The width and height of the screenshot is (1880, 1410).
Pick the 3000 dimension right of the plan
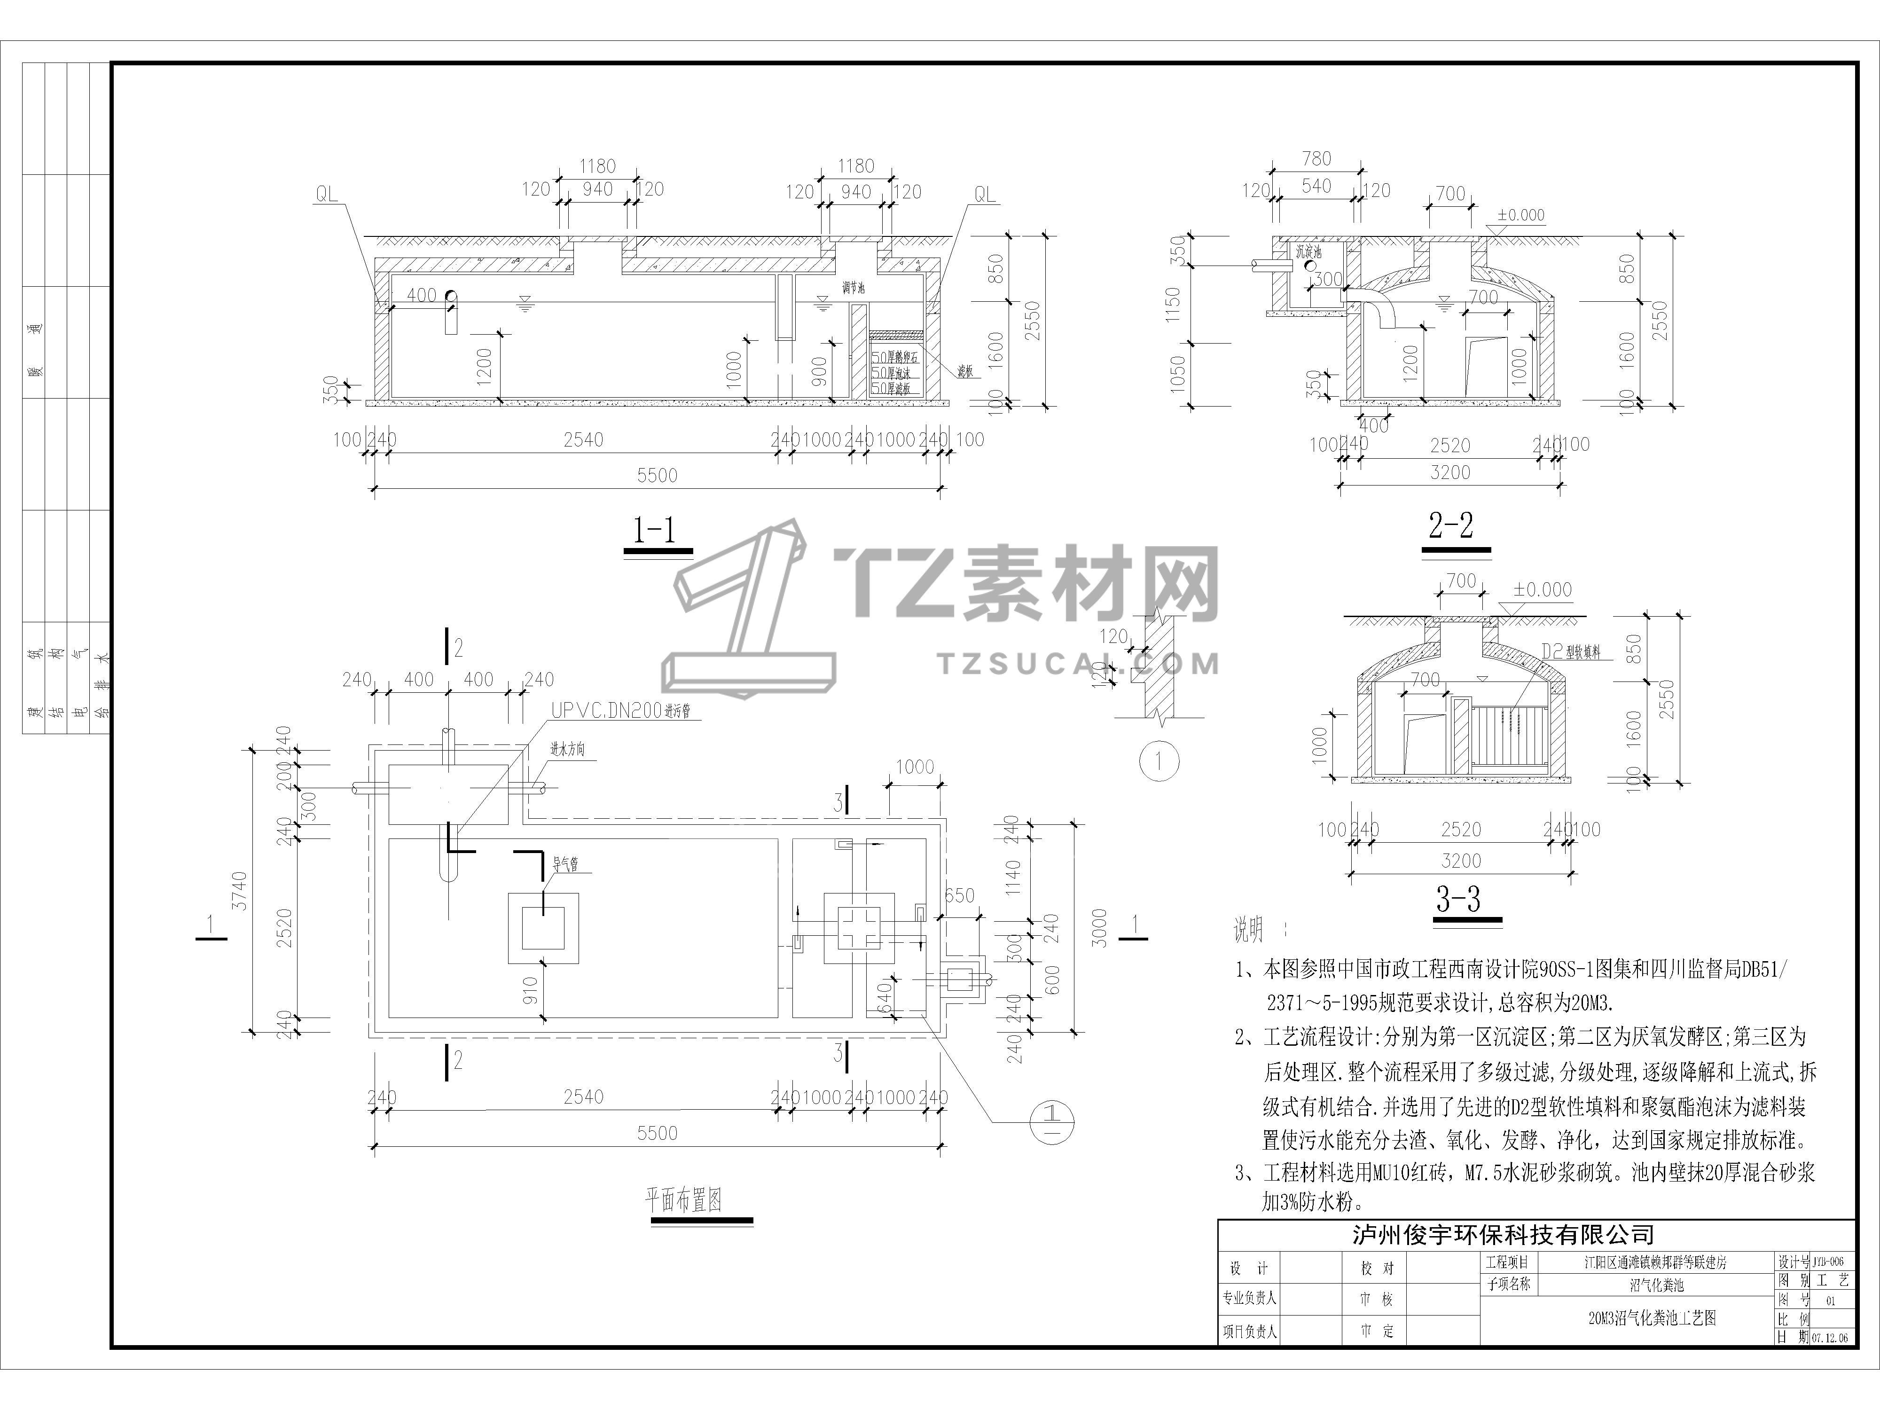pos(1099,928)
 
